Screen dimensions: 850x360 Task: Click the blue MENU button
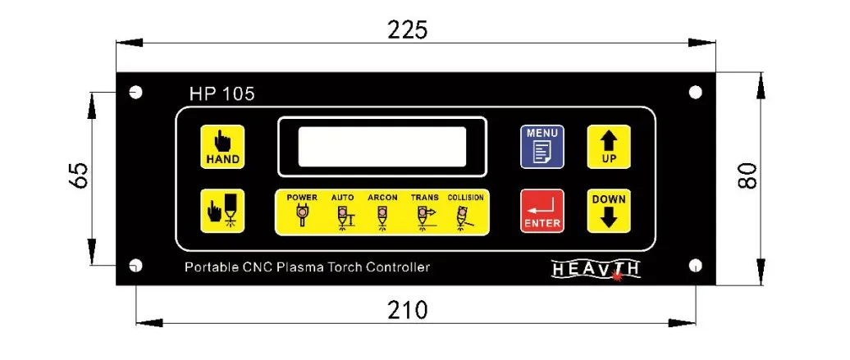click(x=542, y=147)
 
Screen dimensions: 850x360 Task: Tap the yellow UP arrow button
click(x=608, y=147)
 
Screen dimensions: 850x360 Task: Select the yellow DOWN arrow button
click(x=608, y=210)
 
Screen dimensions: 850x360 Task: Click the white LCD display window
click(x=382, y=147)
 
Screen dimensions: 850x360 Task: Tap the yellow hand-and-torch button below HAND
click(x=222, y=211)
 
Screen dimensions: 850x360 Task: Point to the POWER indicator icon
click(x=302, y=216)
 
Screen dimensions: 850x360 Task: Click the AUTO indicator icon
click(x=343, y=216)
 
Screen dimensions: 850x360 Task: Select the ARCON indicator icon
click(x=382, y=216)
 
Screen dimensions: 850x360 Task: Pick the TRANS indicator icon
click(x=424, y=216)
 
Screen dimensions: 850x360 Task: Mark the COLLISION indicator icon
click(x=464, y=216)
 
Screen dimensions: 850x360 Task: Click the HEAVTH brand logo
click(x=596, y=269)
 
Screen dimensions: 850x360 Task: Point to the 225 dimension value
click(x=407, y=30)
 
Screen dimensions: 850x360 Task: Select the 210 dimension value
click(x=407, y=311)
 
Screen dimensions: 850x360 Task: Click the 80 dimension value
click(x=747, y=175)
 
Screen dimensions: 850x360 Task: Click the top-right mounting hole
click(x=695, y=93)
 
